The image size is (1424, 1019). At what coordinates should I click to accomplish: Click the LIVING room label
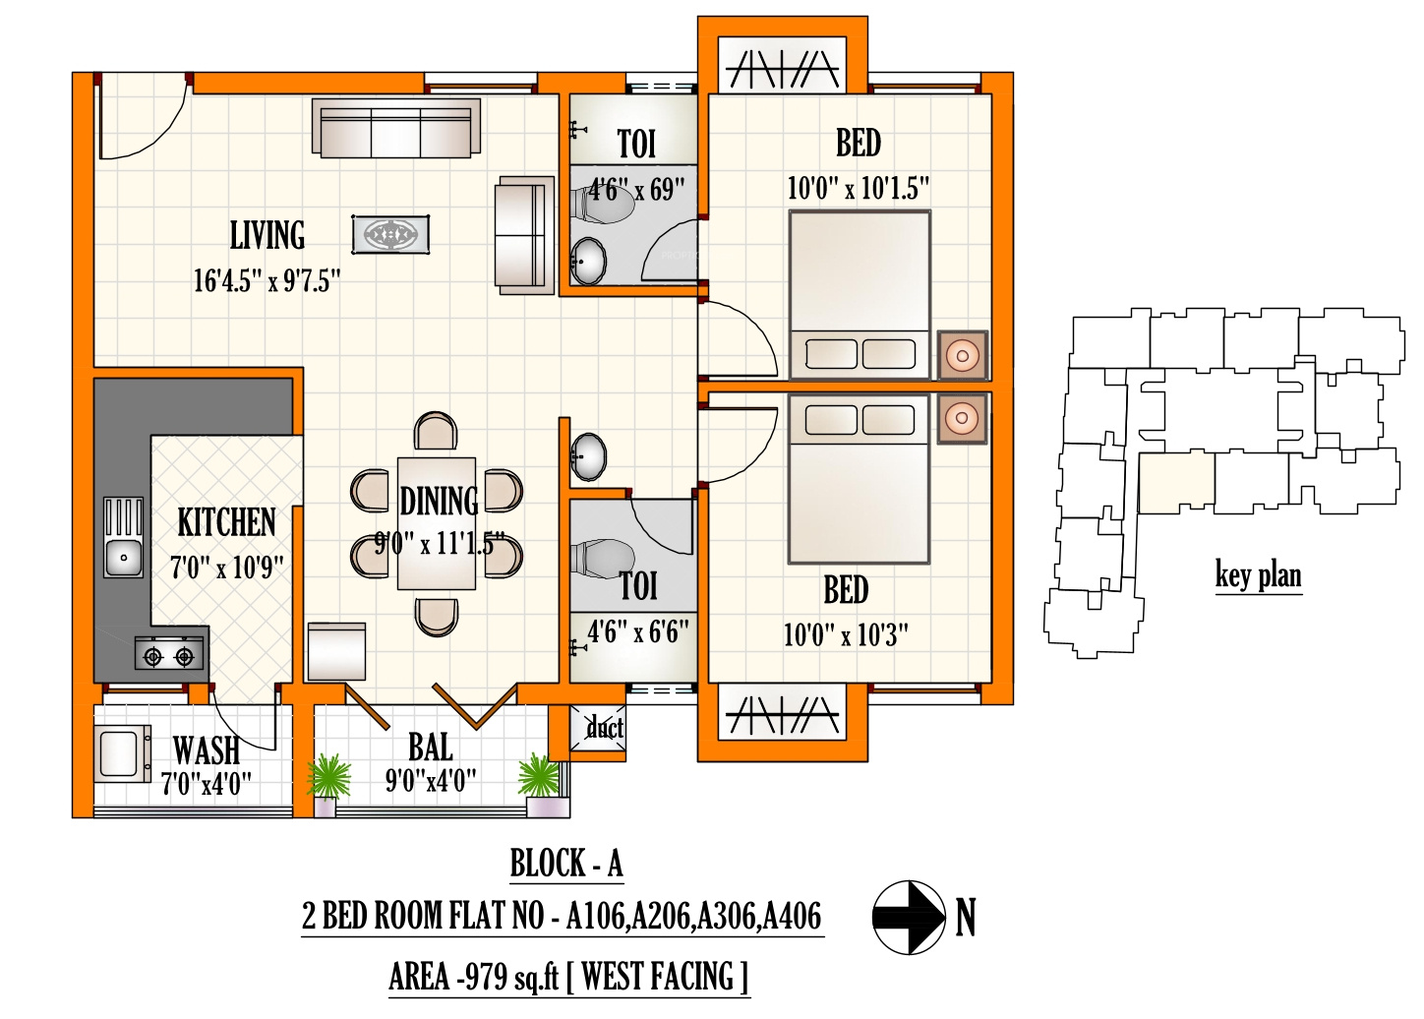pos(267,235)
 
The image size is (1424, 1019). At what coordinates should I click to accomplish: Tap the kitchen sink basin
pos(124,558)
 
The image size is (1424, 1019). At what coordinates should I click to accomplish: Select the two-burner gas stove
pos(168,655)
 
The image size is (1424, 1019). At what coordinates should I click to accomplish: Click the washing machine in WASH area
pos(122,753)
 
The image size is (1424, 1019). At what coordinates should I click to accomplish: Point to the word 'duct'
pos(605,727)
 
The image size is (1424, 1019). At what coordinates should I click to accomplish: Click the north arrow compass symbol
pos(909,917)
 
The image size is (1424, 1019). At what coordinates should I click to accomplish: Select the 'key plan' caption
pos(1259,575)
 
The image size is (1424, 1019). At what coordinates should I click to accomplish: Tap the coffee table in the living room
pos(390,234)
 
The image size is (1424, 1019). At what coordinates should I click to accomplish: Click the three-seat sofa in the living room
pos(395,128)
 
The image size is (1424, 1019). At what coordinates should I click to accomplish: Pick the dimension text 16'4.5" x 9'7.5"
pos(267,280)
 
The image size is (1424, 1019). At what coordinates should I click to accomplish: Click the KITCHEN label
pos(227,522)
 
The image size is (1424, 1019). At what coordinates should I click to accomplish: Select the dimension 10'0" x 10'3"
pos(846,634)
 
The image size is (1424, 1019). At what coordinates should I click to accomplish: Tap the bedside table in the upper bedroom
pos(963,355)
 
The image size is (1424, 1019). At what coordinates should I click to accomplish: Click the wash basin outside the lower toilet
pos(589,456)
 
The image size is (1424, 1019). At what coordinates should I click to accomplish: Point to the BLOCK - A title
pos(566,864)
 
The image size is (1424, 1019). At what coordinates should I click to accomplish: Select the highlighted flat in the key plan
pos(1176,483)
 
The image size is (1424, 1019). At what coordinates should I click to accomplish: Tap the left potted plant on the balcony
pos(328,777)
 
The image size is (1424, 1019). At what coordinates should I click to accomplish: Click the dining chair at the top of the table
pos(436,432)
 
